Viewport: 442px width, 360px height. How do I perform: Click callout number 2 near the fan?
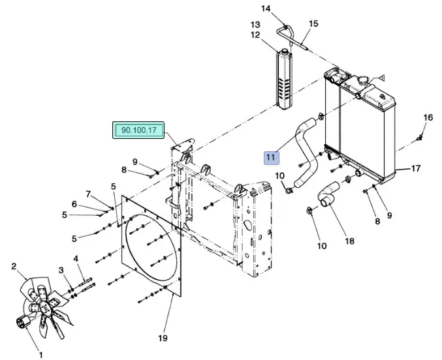click(14, 265)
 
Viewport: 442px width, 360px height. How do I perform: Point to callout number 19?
click(163, 338)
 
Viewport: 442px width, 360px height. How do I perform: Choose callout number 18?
click(349, 241)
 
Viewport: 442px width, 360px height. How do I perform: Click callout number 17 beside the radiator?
click(415, 169)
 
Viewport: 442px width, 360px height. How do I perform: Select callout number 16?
click(428, 117)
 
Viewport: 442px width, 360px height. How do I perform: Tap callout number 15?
click(313, 23)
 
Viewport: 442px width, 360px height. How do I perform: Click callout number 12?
click(255, 35)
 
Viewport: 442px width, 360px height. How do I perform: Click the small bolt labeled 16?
click(421, 137)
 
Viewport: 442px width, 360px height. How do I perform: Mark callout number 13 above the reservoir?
click(255, 25)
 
